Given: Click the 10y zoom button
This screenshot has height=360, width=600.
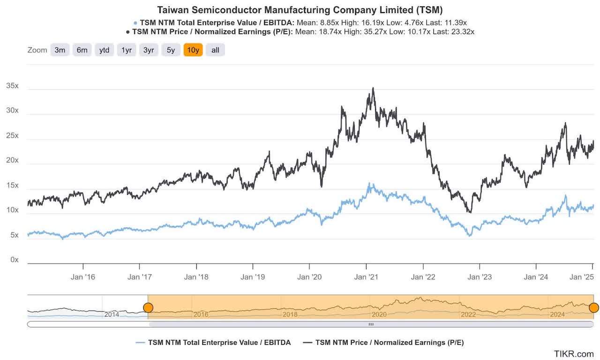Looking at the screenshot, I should click(193, 50).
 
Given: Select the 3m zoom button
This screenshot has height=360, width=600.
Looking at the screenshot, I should click(60, 50).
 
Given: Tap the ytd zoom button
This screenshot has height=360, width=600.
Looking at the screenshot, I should click(104, 50).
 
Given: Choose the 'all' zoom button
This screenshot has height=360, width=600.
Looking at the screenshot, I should click(215, 50).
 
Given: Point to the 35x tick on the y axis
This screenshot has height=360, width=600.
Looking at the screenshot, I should click(12, 86).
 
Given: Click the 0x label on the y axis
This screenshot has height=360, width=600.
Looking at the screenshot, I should click(14, 260).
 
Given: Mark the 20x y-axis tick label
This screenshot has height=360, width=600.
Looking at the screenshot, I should click(12, 160).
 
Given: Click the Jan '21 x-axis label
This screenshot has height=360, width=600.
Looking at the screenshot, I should click(367, 277).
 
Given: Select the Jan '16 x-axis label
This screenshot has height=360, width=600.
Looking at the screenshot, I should click(83, 277).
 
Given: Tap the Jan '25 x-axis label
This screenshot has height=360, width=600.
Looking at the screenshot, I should click(581, 277).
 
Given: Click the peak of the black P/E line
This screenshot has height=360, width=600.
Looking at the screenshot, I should click(373, 88).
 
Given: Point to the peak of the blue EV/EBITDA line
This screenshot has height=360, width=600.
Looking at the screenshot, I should click(369, 183).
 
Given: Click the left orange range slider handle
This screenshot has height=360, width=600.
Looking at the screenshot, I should click(148, 307).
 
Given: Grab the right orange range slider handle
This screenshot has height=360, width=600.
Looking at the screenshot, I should click(593, 307).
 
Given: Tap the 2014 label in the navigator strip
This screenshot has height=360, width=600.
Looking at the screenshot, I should click(112, 315).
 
